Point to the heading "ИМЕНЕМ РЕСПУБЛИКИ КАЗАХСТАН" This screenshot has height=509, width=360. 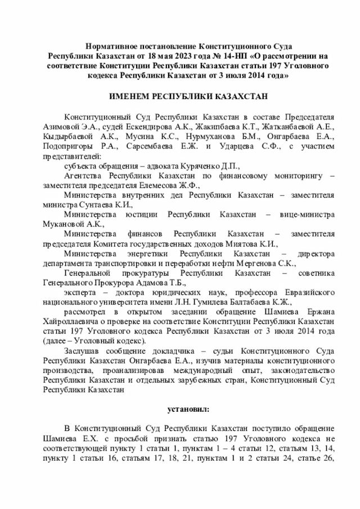pos(180,96)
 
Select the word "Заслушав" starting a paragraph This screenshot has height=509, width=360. pos(82,351)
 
